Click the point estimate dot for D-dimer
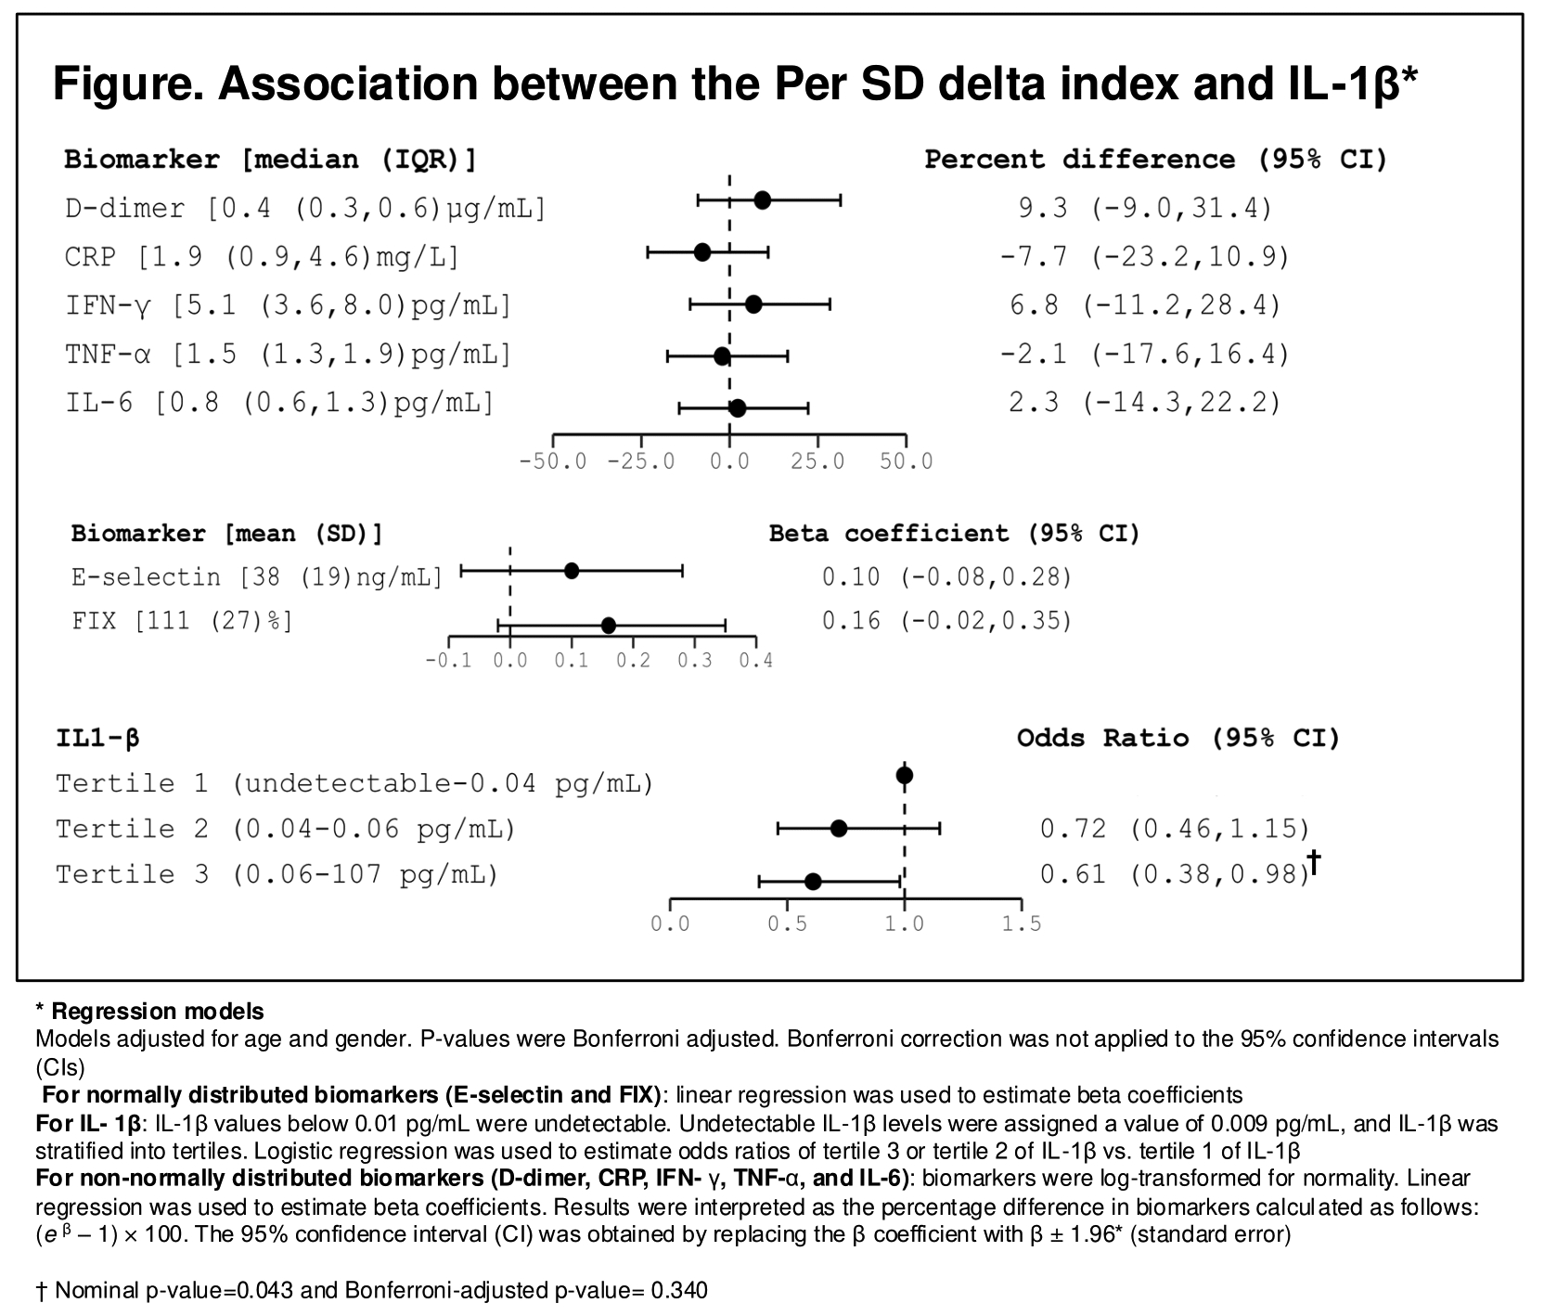coord(762,200)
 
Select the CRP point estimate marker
coord(702,252)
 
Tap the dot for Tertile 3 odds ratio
coord(813,881)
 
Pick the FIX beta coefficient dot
coord(609,626)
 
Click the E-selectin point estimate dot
coord(572,571)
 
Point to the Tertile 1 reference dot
coord(905,775)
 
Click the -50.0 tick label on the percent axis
coord(553,461)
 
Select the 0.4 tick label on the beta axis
coord(756,661)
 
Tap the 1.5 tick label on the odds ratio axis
coord(1022,924)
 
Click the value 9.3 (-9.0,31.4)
coord(1145,208)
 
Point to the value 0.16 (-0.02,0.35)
coord(946,620)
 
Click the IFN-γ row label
coord(288,304)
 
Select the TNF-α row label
coord(288,354)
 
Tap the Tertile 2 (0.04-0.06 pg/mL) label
coord(285,828)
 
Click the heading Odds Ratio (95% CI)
coord(1178,738)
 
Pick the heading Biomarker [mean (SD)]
coord(226,534)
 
